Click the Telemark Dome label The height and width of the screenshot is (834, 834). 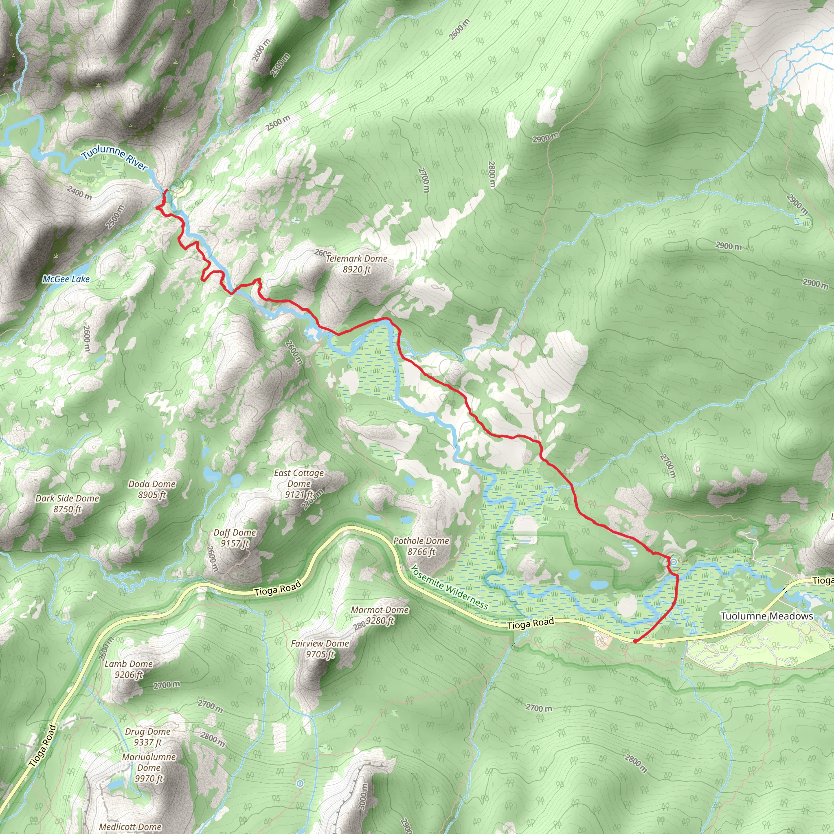coord(356,259)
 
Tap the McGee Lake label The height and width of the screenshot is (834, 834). coord(66,279)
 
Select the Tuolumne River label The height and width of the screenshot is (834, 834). coord(114,159)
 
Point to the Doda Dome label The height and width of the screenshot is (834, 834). coord(152,484)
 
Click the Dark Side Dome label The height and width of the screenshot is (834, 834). coord(67,498)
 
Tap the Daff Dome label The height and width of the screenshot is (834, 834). coord(235,533)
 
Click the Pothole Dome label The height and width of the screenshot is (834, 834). coord(421,541)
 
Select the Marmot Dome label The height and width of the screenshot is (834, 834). coord(380,610)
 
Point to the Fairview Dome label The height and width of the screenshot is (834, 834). coord(319,644)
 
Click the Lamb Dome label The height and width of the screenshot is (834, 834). coord(129,664)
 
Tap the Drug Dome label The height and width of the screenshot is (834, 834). coord(148,732)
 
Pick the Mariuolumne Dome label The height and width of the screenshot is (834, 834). coord(149,762)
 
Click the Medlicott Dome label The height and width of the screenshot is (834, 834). coord(130,827)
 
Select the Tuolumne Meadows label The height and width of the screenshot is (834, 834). coord(767,616)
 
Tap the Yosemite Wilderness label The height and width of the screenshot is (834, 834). coord(448,588)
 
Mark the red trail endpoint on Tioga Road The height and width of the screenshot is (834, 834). coord(635,641)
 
